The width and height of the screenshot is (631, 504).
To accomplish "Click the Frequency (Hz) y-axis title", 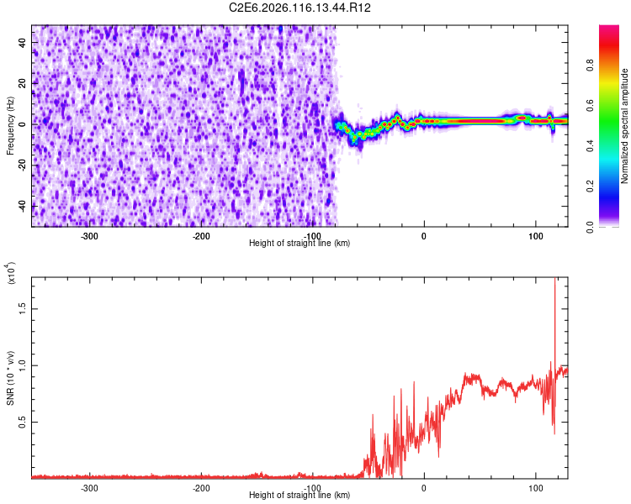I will click(10, 126).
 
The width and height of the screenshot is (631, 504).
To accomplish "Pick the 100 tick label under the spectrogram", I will click(535, 234).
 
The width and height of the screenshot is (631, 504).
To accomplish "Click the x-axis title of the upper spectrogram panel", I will click(300, 243).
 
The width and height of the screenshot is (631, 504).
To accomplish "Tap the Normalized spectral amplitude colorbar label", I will click(625, 126).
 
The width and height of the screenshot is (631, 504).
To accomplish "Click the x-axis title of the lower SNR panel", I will click(300, 496).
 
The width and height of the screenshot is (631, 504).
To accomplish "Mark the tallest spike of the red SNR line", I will click(554, 281).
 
